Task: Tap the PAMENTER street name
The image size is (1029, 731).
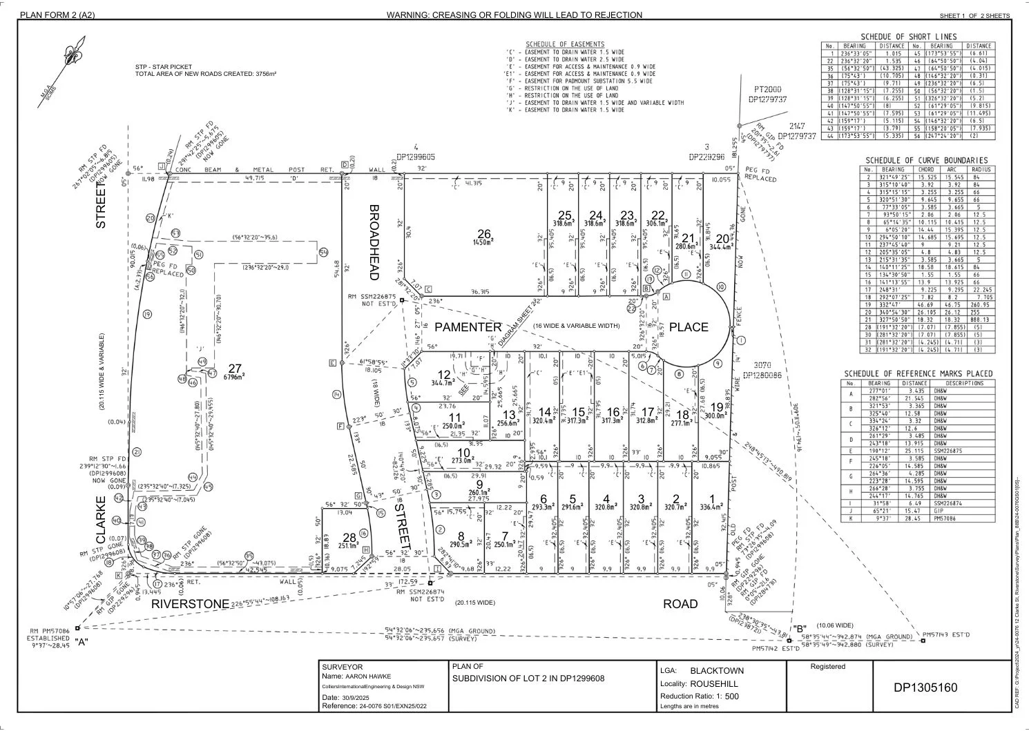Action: point(468,326)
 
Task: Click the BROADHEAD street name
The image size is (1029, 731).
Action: point(374,242)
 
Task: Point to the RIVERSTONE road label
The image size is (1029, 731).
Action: point(190,604)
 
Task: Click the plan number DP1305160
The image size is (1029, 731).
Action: point(925,688)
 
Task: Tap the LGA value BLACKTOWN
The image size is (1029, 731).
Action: point(717,670)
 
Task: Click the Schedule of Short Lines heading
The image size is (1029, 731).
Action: point(908,37)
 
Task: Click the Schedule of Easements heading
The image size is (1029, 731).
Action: point(564,44)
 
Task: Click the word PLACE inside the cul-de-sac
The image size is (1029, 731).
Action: point(689,327)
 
